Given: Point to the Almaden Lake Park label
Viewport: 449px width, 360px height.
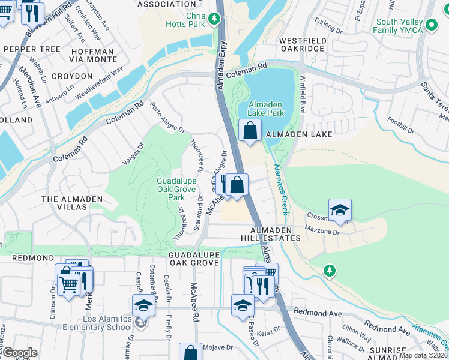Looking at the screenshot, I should point(266,108).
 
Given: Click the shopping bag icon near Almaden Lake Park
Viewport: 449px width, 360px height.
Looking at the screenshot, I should point(250,129).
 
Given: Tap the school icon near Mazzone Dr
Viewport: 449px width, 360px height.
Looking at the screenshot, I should point(340,209).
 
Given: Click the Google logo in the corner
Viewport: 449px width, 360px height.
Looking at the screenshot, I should point(20,353).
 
